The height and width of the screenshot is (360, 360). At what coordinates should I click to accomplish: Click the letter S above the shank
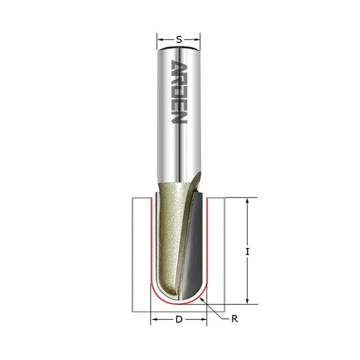tap(179, 40)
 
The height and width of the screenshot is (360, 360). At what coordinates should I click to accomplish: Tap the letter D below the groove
tap(179, 319)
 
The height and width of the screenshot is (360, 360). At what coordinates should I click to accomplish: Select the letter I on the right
tap(247, 252)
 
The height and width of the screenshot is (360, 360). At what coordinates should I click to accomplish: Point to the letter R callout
tap(235, 319)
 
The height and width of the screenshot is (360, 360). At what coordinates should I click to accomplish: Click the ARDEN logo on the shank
tap(179, 92)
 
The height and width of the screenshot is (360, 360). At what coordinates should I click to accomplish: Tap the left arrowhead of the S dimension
tap(160, 40)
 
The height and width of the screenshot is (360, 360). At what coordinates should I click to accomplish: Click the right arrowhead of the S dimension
tap(197, 40)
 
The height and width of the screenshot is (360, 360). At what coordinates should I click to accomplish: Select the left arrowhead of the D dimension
tap(154, 319)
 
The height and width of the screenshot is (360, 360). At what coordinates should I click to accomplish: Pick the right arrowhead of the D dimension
tap(204, 319)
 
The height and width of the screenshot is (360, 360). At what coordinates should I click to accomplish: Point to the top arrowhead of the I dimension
tap(247, 202)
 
